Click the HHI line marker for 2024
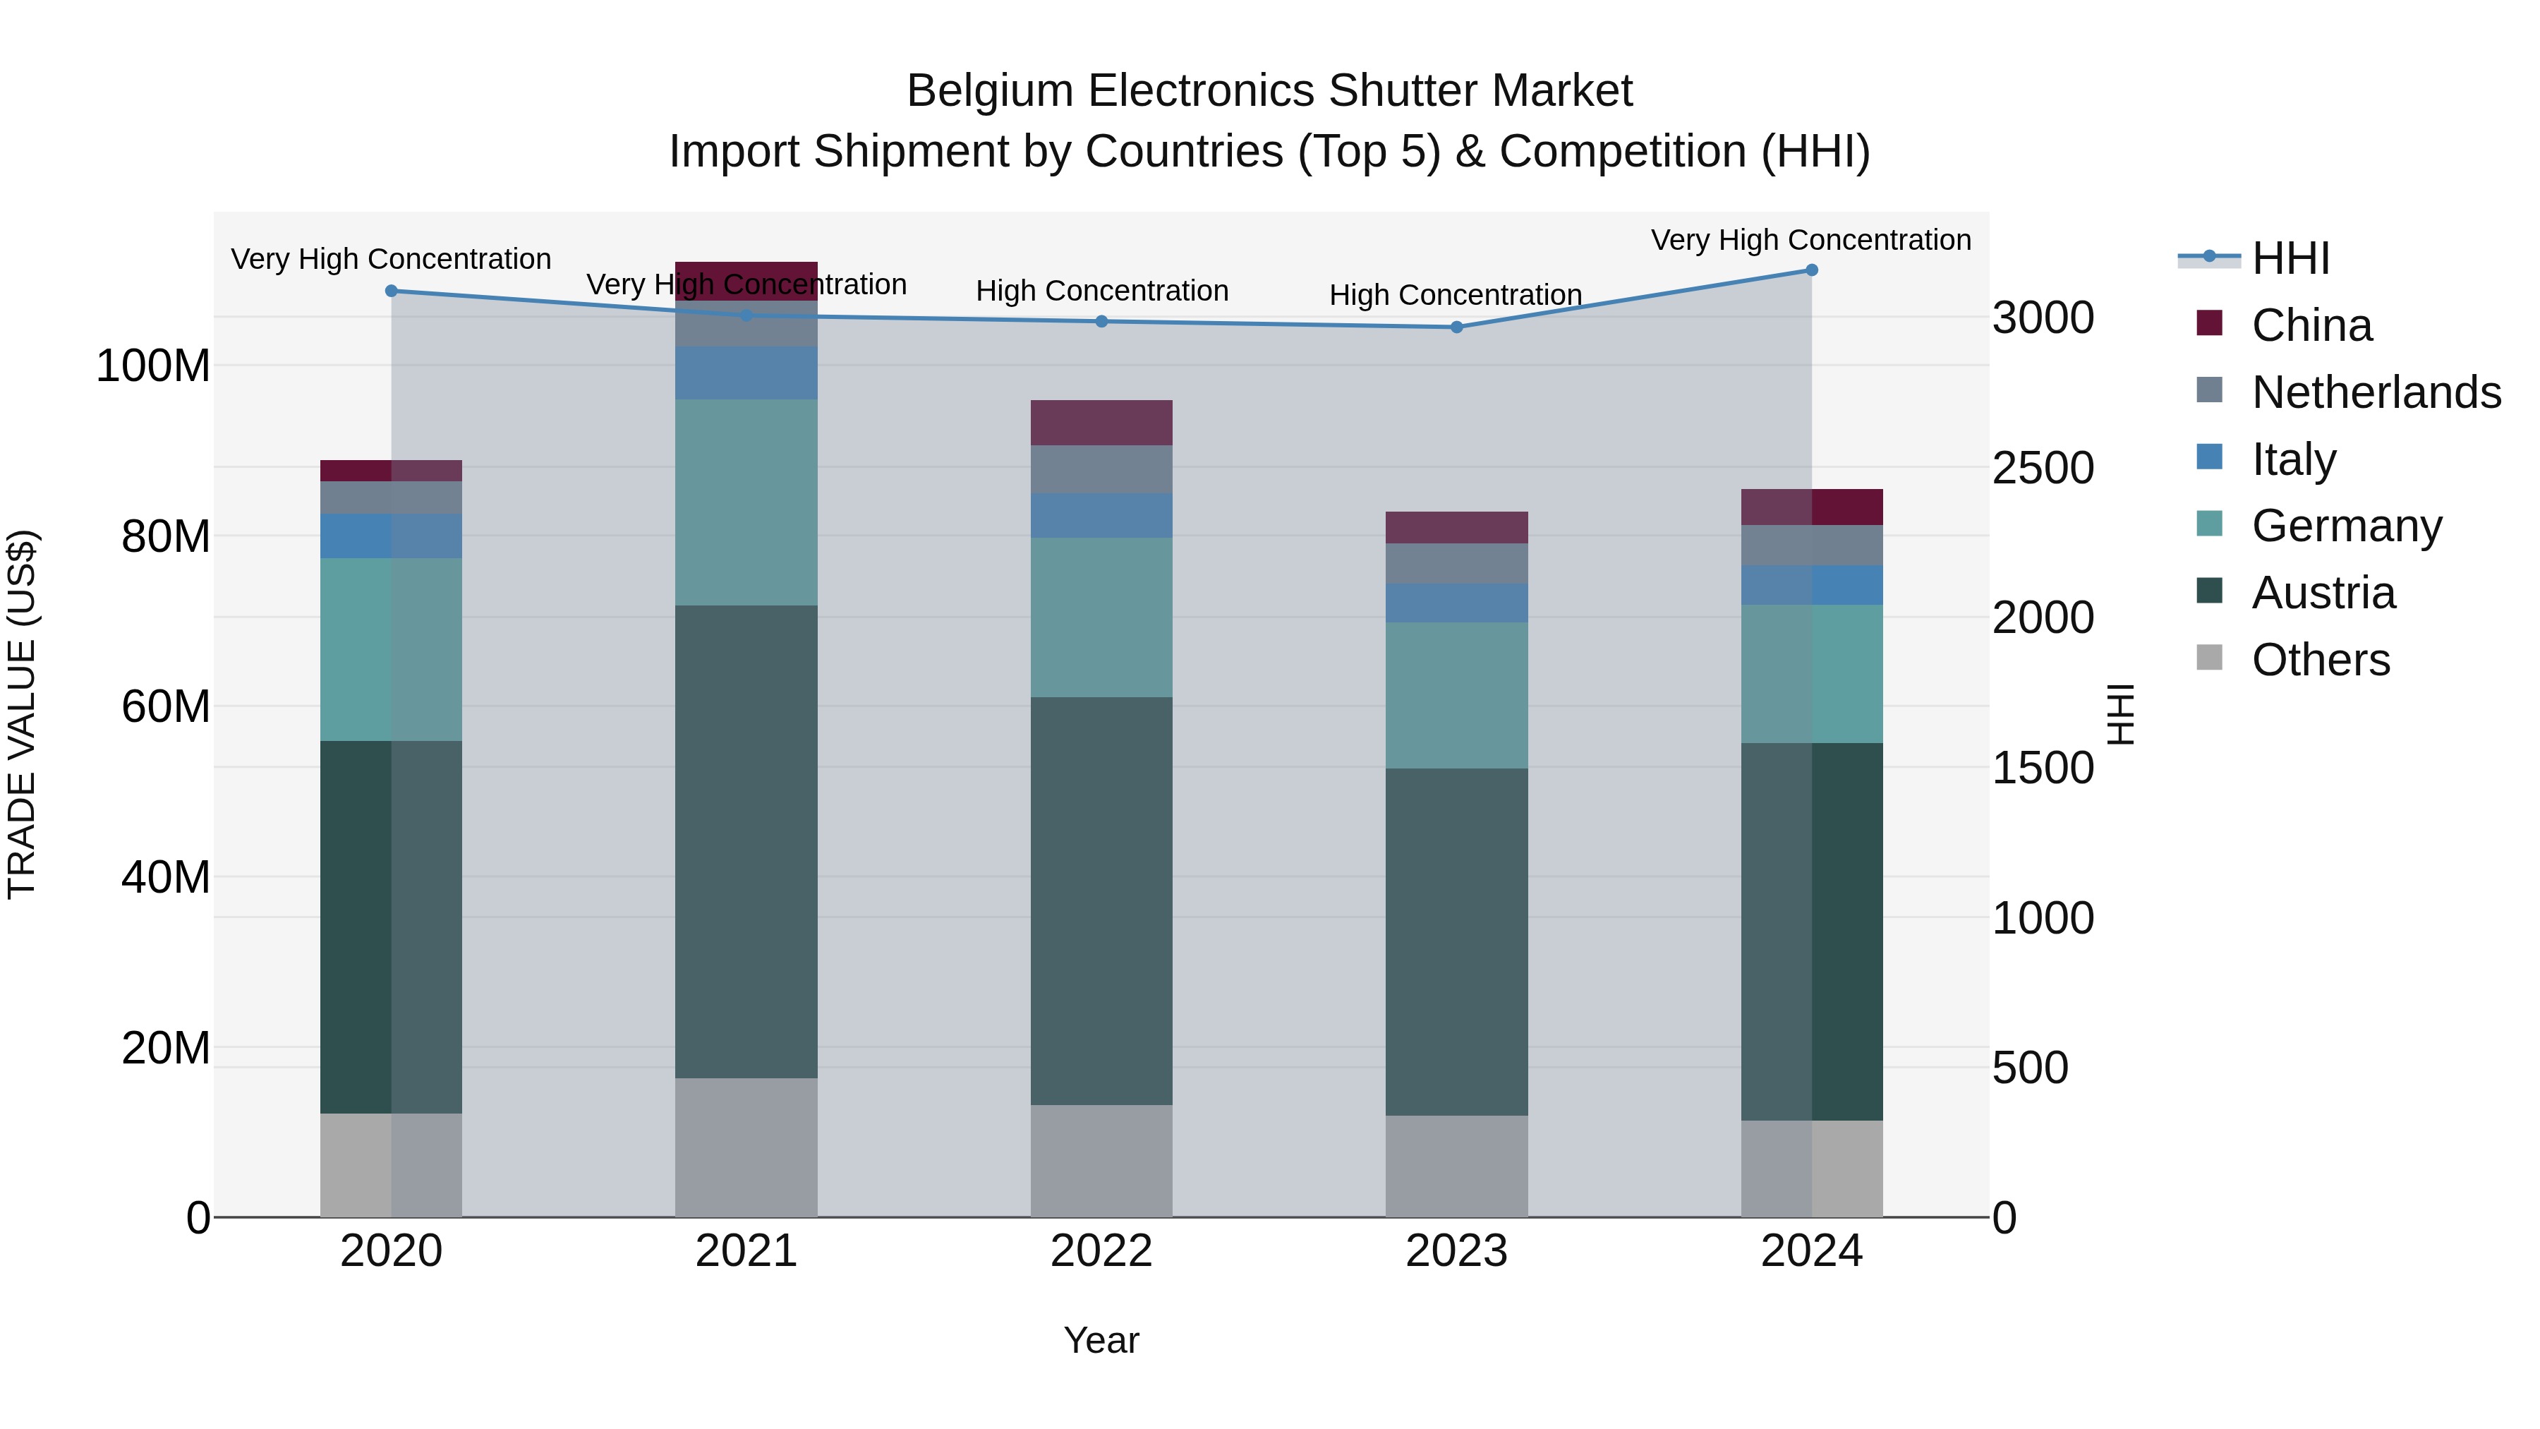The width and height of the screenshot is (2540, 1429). [1811, 270]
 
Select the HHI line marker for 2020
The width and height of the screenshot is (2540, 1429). [392, 291]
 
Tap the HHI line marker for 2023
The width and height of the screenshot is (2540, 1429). [1456, 327]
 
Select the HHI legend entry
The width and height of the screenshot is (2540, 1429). [2290, 258]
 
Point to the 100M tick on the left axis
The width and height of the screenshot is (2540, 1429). [153, 366]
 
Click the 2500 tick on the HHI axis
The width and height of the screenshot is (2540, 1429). [2042, 469]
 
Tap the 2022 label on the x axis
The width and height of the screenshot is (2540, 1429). [1101, 1251]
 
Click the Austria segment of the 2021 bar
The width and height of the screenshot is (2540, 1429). [746, 841]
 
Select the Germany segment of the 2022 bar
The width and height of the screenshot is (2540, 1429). [1101, 617]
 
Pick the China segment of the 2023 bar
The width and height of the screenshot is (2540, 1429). [1456, 528]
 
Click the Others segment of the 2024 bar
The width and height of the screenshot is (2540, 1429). [1811, 1169]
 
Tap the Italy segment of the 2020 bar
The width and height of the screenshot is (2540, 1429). [392, 536]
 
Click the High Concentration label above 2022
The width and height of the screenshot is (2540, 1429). [1101, 291]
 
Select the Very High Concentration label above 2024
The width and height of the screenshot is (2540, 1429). [1810, 240]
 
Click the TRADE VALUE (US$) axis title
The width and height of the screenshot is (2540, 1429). [22, 714]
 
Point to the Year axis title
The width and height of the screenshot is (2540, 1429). [1101, 1340]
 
